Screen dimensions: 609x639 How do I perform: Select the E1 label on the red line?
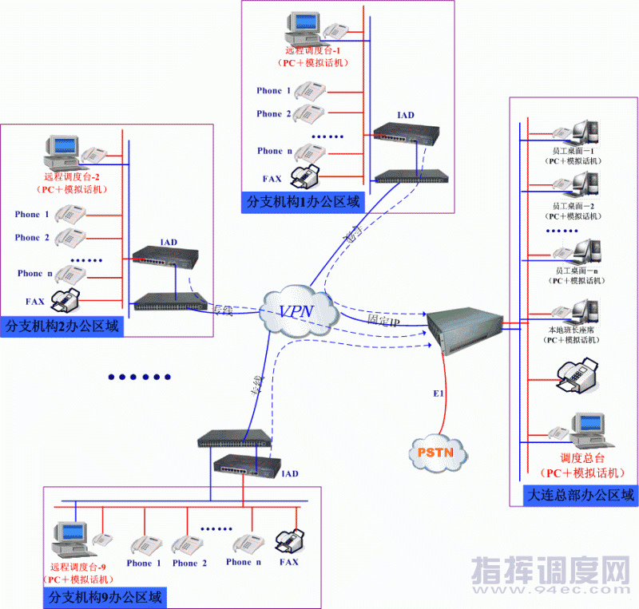click(438, 394)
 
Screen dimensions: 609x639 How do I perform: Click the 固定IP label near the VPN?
click(383, 319)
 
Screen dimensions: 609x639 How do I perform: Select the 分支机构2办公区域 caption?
click(62, 326)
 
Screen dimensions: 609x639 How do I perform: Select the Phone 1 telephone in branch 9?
click(145, 545)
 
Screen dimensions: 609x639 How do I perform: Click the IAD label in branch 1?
click(406, 115)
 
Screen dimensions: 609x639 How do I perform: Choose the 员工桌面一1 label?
click(574, 150)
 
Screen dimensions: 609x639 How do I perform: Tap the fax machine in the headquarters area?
click(577, 375)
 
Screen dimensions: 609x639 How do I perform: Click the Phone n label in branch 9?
click(243, 563)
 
